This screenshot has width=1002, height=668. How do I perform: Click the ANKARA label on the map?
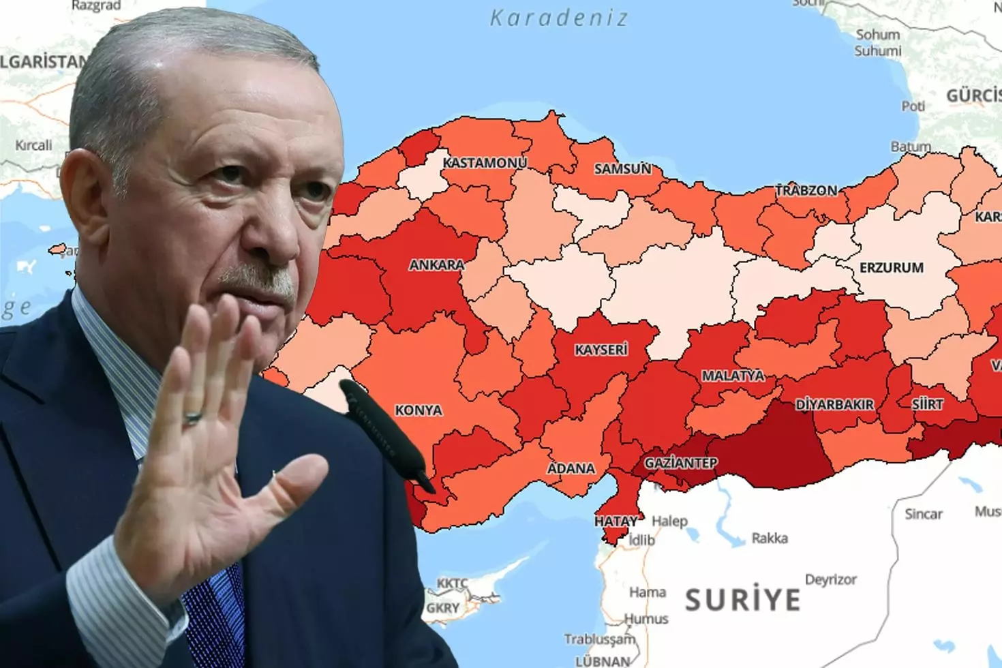[436, 264]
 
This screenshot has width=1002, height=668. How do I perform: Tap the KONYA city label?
[419, 410]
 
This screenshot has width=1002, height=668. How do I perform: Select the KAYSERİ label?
[601, 350]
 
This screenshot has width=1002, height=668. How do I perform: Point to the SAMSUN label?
[622, 168]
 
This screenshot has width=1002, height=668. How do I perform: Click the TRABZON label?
[806, 191]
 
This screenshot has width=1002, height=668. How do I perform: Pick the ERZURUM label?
[891, 268]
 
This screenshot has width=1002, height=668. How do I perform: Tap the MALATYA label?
[733, 376]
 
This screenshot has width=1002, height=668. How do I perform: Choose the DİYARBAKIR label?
[834, 405]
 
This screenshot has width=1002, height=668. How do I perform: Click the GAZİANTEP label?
[680, 464]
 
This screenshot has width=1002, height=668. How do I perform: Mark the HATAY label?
[616, 521]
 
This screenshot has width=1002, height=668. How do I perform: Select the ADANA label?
[571, 468]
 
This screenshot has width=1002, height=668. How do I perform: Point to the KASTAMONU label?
[485, 163]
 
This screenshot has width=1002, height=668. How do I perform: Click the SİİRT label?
[928, 404]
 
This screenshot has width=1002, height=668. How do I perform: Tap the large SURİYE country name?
[742, 601]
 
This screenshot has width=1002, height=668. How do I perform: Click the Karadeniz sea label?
[559, 18]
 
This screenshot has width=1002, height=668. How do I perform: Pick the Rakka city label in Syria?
[770, 538]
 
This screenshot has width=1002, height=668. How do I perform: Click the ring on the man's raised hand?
[193, 417]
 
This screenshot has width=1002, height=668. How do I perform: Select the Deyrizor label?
[830, 580]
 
